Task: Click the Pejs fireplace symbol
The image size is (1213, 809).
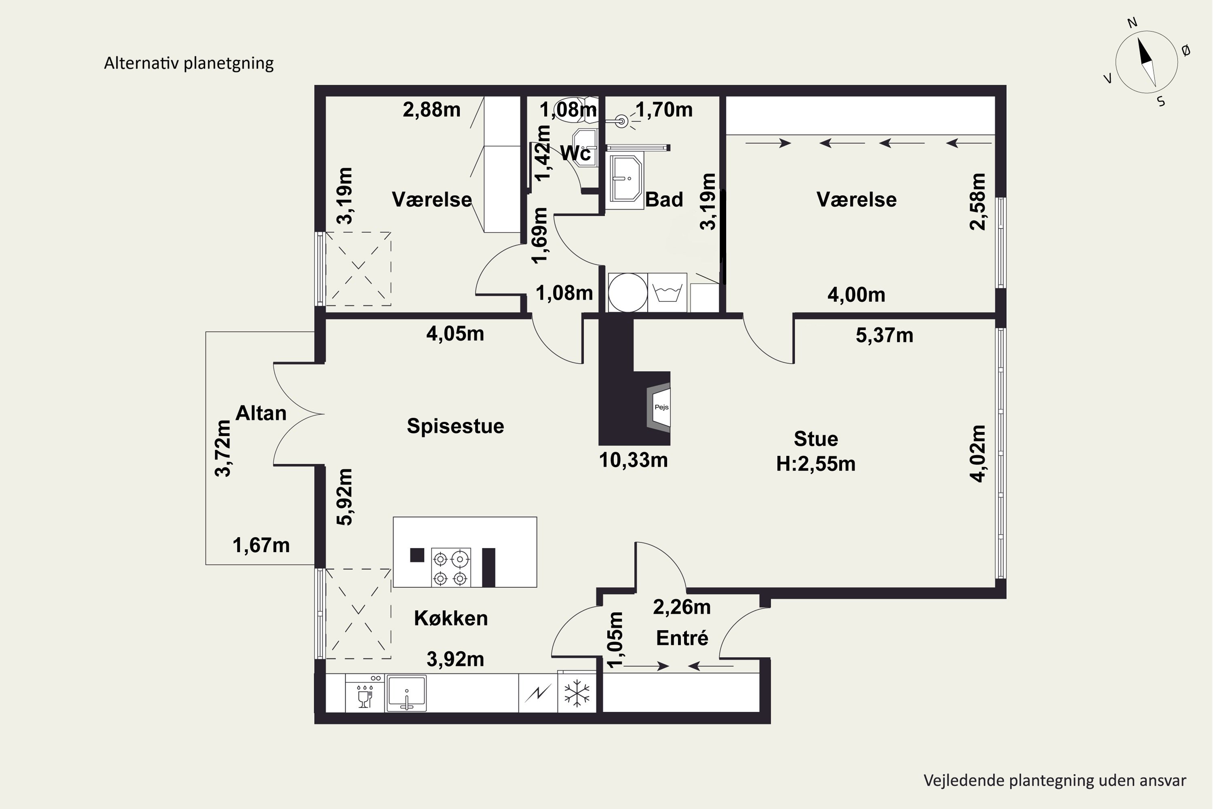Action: pos(659,407)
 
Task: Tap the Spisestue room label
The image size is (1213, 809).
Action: pos(455,426)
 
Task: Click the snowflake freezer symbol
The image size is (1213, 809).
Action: pos(577,693)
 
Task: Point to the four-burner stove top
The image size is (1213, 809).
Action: pos(451,567)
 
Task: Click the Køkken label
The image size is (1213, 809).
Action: pos(451,618)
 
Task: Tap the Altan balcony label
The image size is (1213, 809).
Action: pos(261,413)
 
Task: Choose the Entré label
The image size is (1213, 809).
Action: pos(682,638)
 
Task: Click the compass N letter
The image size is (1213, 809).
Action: pos(1133,23)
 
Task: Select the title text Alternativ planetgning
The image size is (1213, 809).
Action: pos(189,63)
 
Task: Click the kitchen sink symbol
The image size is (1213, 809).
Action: pos(406,693)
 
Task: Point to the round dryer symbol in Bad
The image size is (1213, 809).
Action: pos(628,292)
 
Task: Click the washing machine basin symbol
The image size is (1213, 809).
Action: pos(668,292)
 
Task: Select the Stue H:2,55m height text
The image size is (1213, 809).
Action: pos(816,451)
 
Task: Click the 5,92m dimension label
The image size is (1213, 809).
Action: pos(344,496)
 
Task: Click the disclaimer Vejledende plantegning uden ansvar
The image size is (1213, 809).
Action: pos(1055,781)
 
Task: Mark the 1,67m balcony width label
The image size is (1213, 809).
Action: pos(261,545)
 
